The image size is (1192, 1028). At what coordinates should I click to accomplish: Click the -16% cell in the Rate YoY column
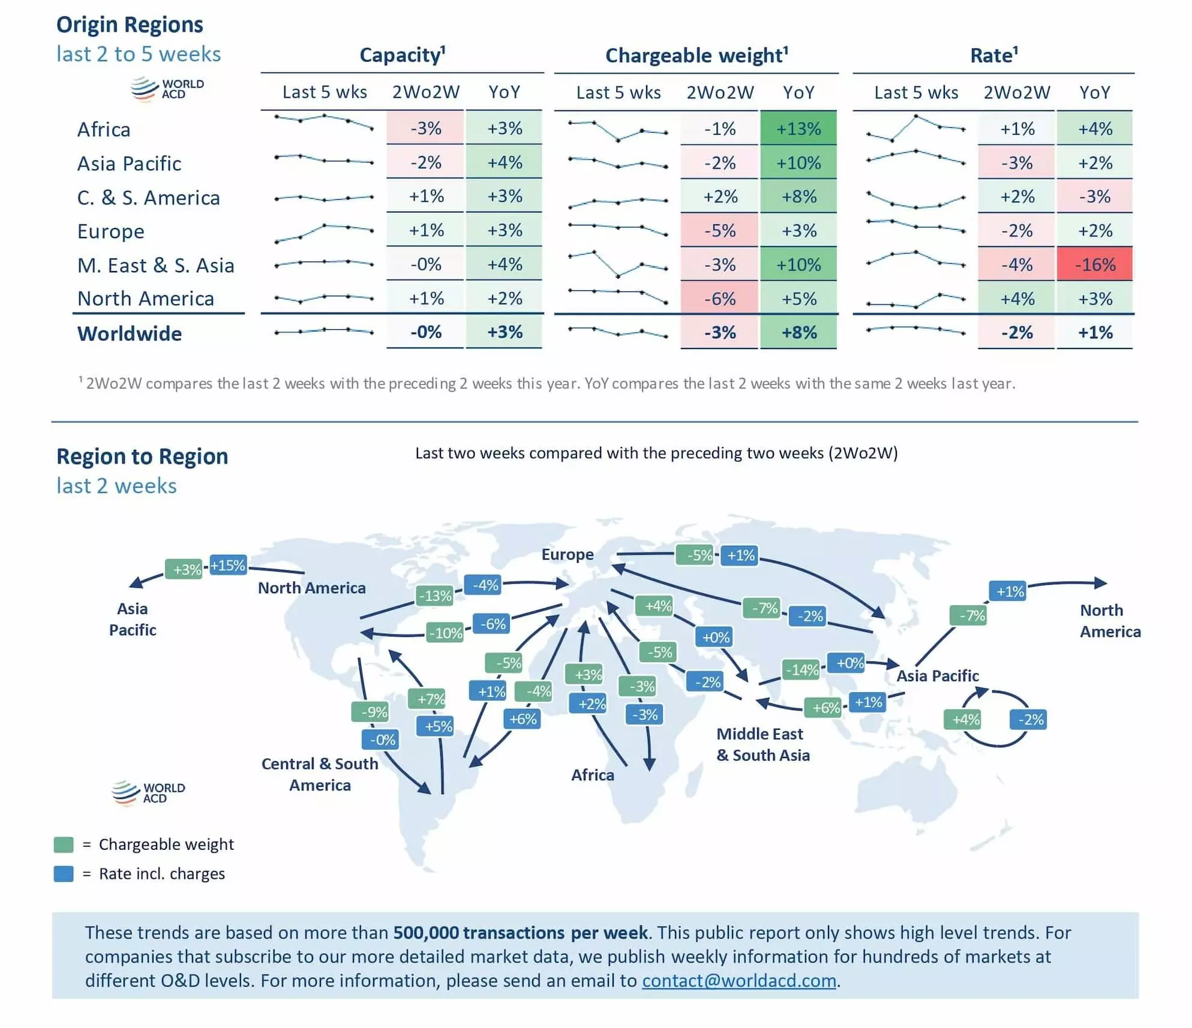(x=1094, y=264)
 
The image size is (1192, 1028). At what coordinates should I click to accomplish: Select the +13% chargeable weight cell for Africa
(x=798, y=128)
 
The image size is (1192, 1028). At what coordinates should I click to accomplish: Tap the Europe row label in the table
(x=110, y=232)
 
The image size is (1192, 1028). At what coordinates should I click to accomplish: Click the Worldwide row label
(x=129, y=333)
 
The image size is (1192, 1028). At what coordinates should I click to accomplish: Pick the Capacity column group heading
(x=402, y=55)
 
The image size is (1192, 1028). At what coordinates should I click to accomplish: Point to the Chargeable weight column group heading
(x=696, y=55)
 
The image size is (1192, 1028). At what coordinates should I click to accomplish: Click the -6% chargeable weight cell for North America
(x=719, y=299)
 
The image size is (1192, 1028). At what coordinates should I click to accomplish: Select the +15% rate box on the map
(x=227, y=565)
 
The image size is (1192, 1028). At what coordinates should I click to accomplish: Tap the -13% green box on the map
(x=434, y=596)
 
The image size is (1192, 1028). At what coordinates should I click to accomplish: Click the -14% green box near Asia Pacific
(x=801, y=669)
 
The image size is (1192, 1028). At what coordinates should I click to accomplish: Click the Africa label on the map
(x=592, y=775)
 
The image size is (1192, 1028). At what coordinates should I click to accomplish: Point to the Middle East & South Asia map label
(x=762, y=744)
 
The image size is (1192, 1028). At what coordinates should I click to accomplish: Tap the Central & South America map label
(x=320, y=774)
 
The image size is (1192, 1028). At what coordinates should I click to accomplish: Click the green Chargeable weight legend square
(x=64, y=844)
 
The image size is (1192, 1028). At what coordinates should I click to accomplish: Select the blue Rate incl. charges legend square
(x=64, y=874)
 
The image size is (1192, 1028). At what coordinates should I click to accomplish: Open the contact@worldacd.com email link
(x=738, y=981)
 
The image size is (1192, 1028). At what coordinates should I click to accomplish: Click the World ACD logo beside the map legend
(x=148, y=792)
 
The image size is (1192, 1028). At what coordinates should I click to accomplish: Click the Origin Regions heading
(x=130, y=25)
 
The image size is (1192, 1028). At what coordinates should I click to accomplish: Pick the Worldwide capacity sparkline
(x=324, y=331)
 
